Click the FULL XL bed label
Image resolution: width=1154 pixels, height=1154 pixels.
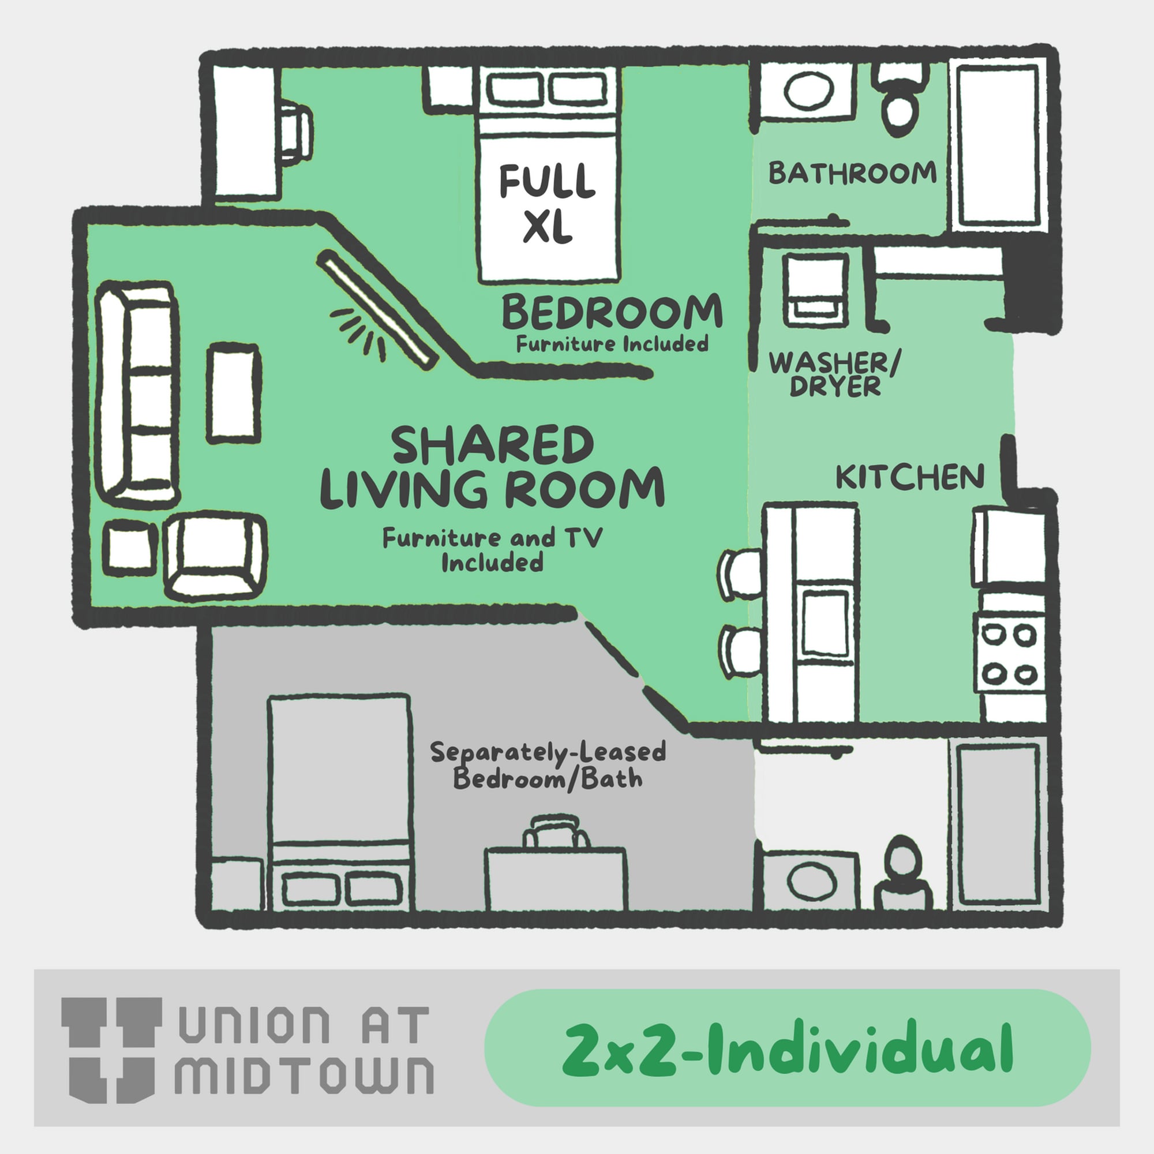click(x=547, y=204)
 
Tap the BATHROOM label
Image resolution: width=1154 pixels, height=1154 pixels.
click(x=852, y=173)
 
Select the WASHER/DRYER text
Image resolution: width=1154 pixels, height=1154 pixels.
click(x=835, y=374)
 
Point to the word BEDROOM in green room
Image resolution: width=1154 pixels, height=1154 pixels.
click(x=612, y=312)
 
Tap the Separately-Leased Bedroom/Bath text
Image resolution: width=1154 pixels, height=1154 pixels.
click(x=548, y=765)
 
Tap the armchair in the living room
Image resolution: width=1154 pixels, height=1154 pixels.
click(x=215, y=556)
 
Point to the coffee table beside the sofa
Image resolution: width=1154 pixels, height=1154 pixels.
click(x=234, y=392)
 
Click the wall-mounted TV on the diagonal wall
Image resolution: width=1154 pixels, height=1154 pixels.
click(x=376, y=308)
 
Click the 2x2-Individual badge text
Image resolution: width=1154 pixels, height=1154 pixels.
click(x=787, y=1049)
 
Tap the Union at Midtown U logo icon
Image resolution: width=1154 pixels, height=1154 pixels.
click(x=112, y=1050)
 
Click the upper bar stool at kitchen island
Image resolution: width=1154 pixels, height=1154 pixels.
click(x=741, y=575)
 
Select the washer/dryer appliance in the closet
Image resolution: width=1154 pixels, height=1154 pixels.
click(x=816, y=290)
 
